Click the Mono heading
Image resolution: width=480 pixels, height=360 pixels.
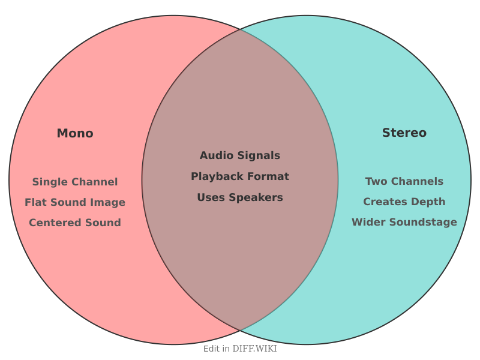coord(75,133)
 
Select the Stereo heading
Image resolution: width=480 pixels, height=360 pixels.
coord(404,133)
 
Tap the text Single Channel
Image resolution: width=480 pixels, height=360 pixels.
coord(75,182)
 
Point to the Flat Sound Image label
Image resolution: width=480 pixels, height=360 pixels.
coord(75,202)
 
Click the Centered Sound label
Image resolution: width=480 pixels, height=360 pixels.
coord(75,223)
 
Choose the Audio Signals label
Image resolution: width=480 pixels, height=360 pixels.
coord(240,155)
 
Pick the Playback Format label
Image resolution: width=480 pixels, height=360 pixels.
coord(240,176)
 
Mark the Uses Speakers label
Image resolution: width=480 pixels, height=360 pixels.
coord(240,197)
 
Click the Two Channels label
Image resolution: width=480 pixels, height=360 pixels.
coord(404,181)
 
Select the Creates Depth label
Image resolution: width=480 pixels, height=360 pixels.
coord(404,202)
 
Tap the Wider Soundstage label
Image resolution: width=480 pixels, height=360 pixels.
coord(404,222)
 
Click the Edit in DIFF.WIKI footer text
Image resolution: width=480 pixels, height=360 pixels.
coord(240,349)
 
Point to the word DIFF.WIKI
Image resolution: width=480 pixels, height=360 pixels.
coord(254,349)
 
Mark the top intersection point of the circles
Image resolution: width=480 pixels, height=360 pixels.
coord(240,29)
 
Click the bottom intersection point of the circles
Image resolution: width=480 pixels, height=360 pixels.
coord(240,331)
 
